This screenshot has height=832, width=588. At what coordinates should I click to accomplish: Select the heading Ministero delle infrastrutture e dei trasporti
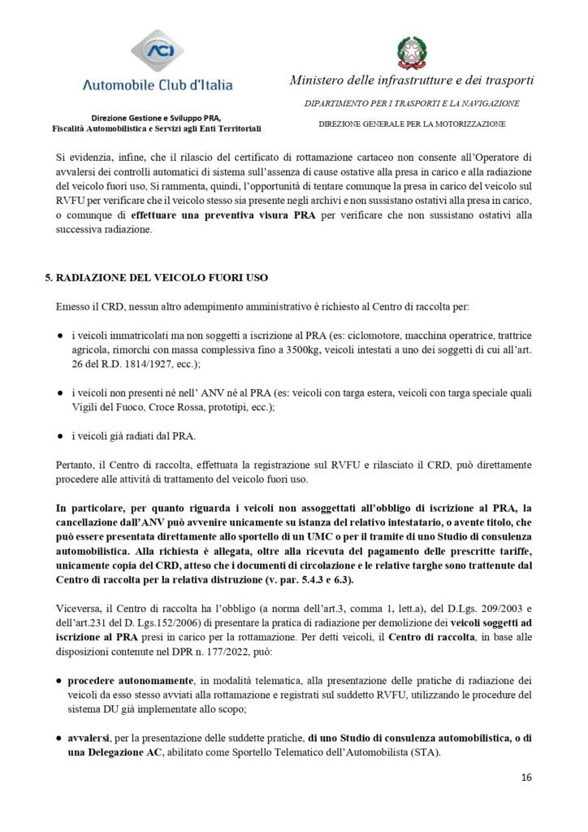tap(411, 80)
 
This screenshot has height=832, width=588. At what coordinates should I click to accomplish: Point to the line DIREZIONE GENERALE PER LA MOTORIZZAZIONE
tap(411, 123)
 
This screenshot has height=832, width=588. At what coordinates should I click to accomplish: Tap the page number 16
tap(526, 778)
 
